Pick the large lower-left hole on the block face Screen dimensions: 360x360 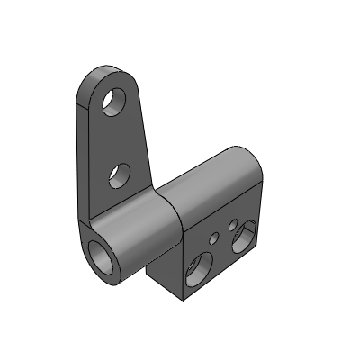click(197, 269)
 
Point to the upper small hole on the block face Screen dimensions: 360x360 click(233, 224)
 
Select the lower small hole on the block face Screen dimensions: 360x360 click(213, 239)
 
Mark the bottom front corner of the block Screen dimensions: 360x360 click(184, 299)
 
